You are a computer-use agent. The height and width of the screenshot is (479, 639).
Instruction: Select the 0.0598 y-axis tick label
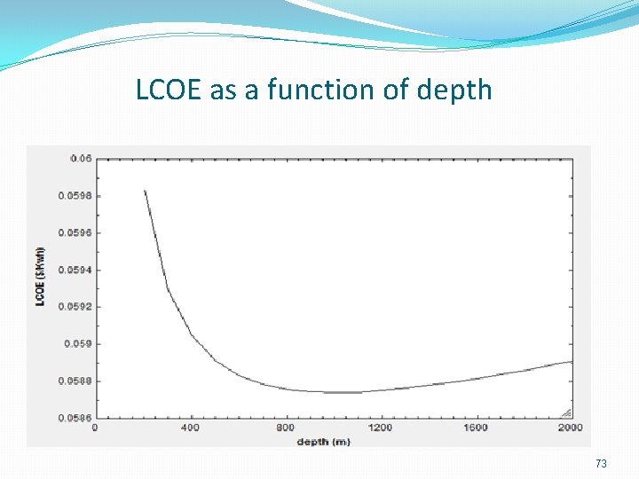coord(75,195)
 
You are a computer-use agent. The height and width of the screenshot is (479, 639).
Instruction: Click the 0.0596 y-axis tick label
coord(75,232)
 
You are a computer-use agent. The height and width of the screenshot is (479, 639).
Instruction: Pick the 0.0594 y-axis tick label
coord(75,270)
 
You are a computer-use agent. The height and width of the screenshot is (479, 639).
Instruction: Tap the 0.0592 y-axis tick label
coord(75,306)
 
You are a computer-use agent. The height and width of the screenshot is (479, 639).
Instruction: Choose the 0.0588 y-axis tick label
coord(75,381)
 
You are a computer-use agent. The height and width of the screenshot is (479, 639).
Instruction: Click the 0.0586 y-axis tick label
coord(75,418)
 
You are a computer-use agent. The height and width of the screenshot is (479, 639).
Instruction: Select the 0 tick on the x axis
coord(96,428)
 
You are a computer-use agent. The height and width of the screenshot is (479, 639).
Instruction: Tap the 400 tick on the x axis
coord(190,428)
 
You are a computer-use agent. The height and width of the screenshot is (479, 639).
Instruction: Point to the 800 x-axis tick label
coord(285,428)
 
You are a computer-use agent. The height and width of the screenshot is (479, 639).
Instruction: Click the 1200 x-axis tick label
coord(380,428)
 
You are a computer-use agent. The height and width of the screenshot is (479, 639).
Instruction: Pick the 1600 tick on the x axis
coord(476,428)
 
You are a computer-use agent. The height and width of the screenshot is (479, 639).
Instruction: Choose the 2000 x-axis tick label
coord(569,428)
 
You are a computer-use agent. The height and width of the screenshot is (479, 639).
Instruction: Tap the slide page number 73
coord(601,464)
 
